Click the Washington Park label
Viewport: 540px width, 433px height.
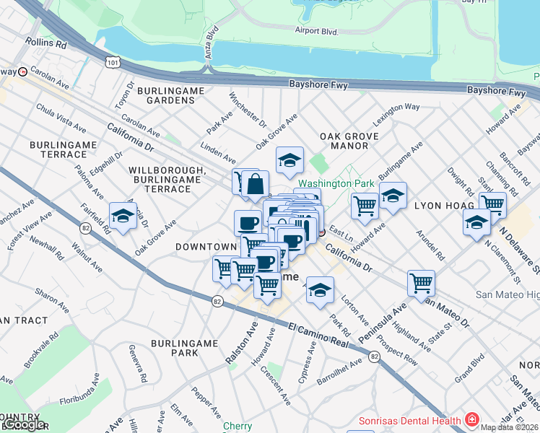(x=336, y=183)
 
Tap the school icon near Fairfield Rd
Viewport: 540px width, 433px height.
(x=123, y=215)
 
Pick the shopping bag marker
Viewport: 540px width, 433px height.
(x=256, y=185)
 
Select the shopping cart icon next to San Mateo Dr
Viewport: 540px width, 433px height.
(x=421, y=282)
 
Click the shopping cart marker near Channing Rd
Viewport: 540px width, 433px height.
(x=492, y=204)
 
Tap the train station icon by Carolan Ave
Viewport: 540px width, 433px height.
(x=22, y=71)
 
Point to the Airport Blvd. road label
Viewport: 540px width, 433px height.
(x=316, y=30)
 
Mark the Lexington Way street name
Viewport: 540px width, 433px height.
(x=396, y=108)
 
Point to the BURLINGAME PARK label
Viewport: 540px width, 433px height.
(x=175, y=347)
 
